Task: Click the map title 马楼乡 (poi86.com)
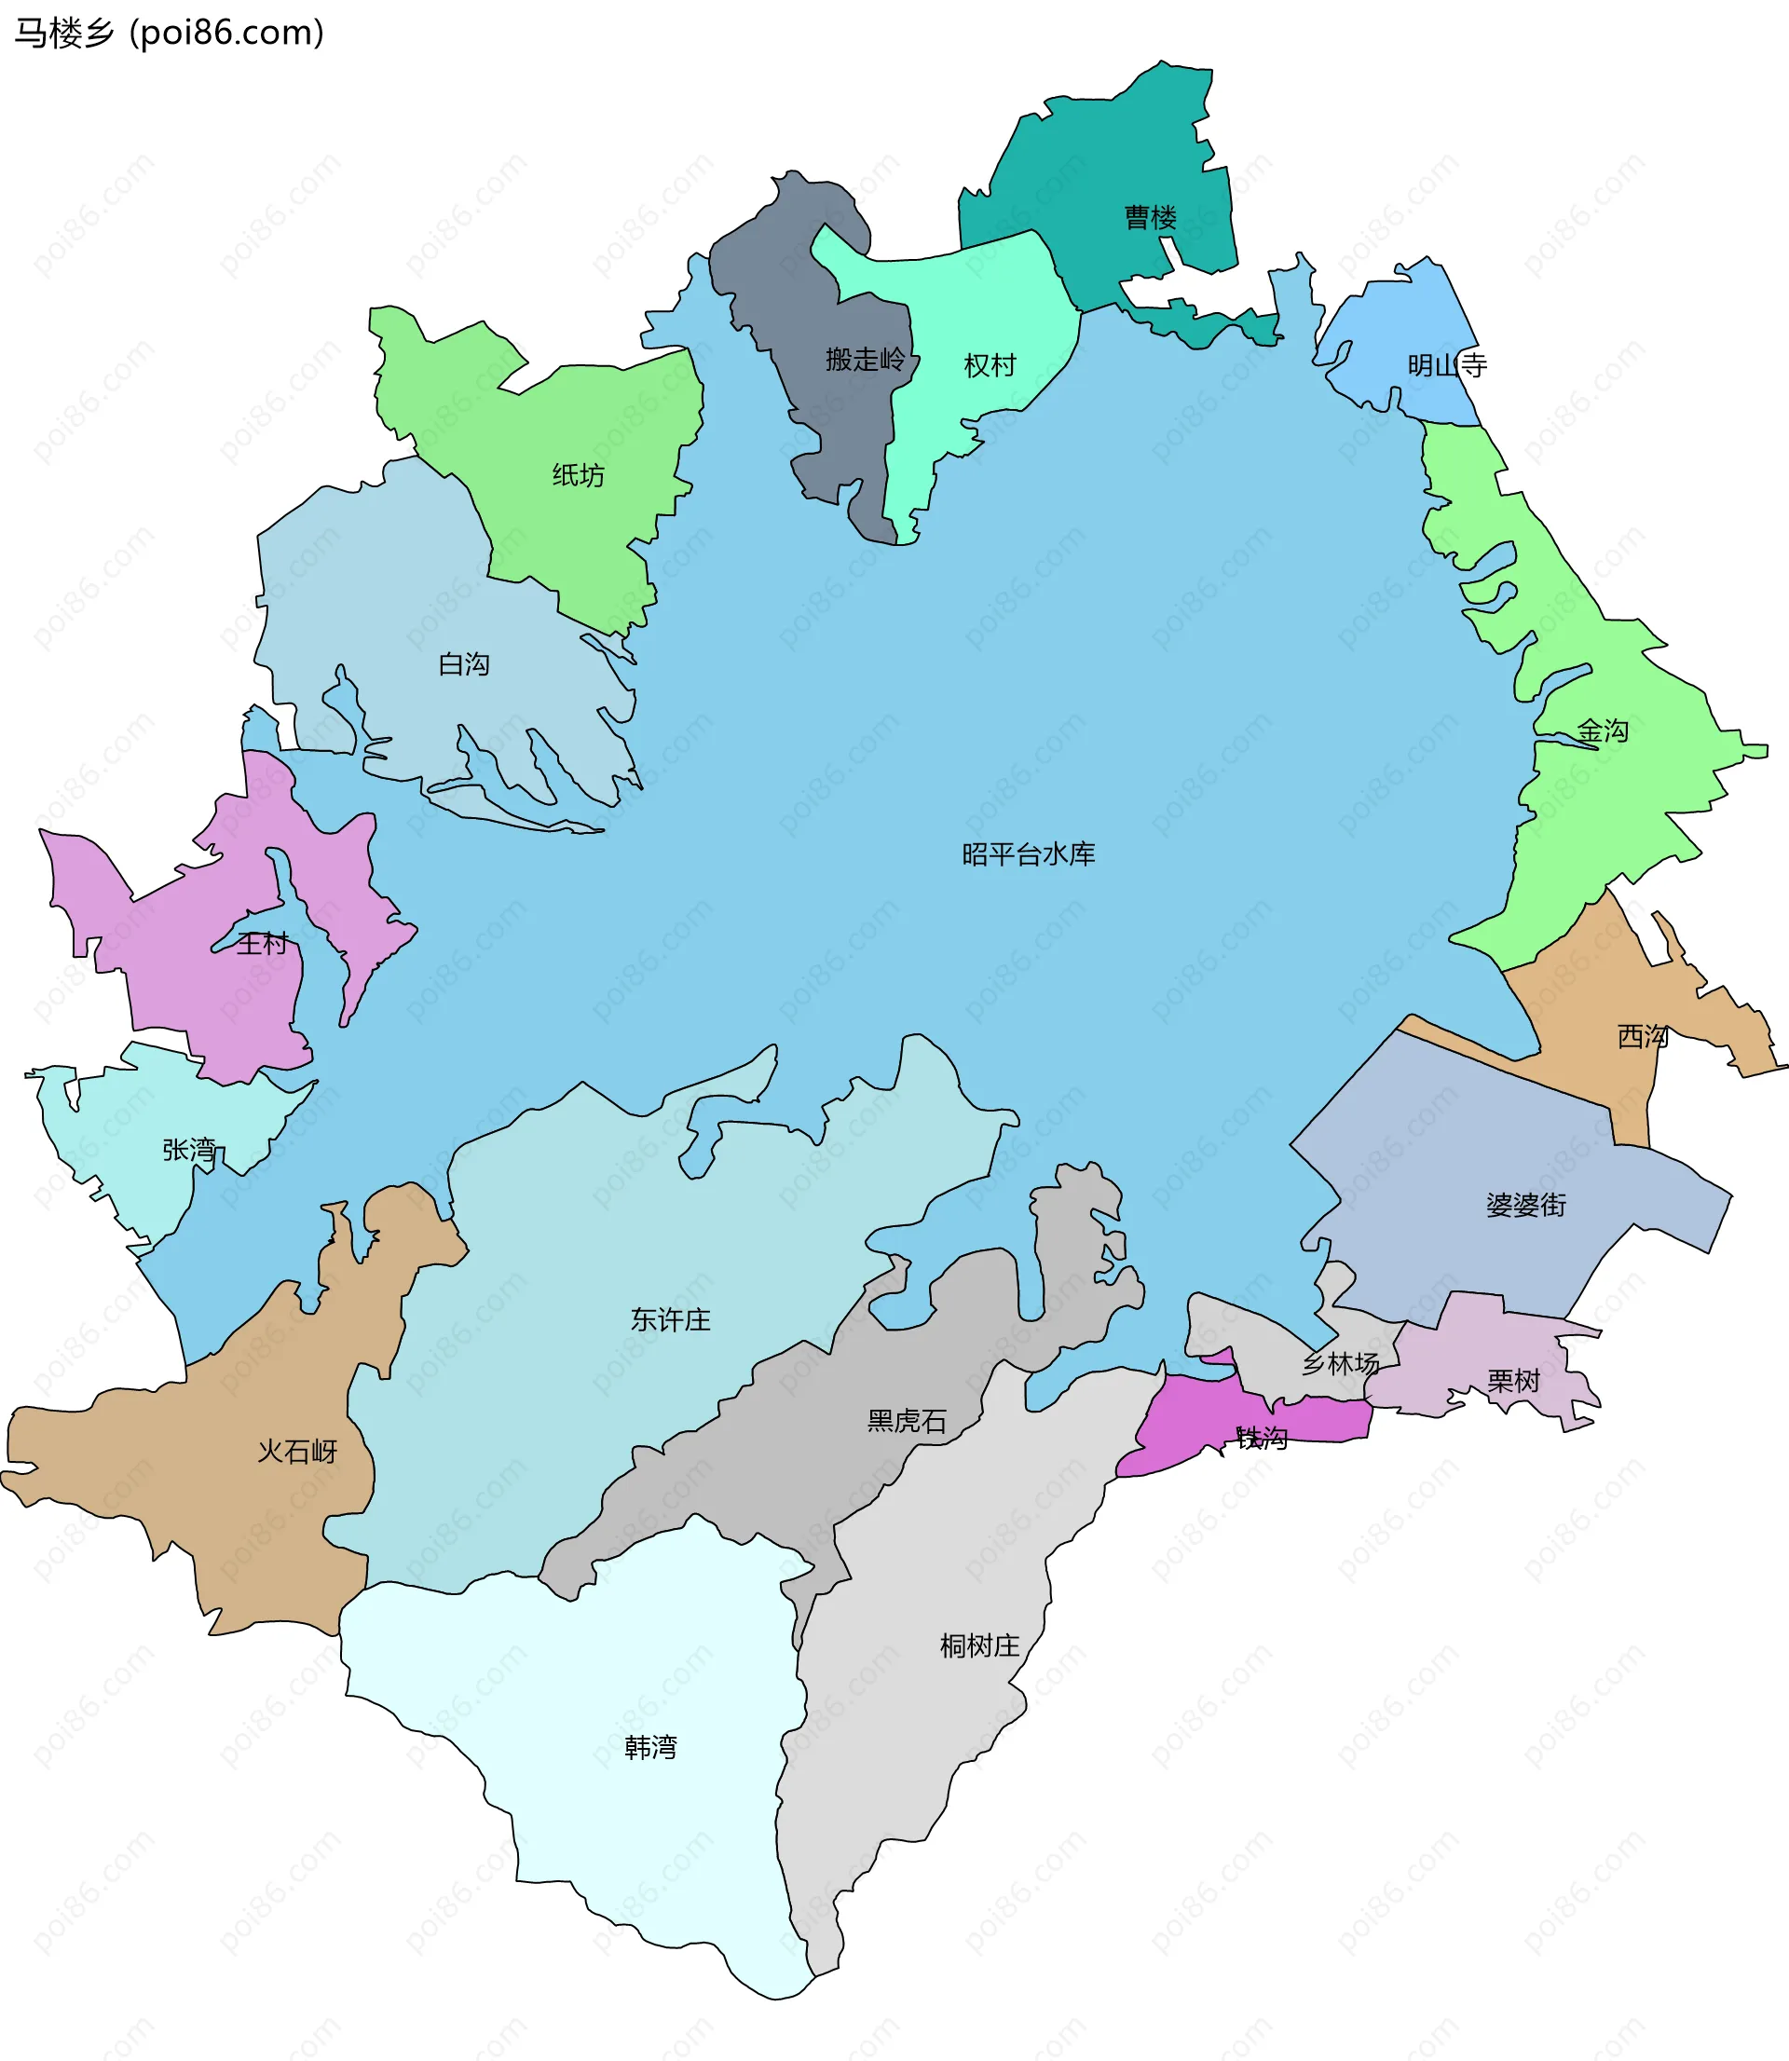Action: [x=169, y=33]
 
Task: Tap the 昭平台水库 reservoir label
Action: [x=1029, y=854]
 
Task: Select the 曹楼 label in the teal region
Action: [x=1150, y=218]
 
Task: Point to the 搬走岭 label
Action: [x=865, y=360]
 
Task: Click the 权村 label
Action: [x=990, y=365]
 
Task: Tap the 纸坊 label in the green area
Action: [x=578, y=475]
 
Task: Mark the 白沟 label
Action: [x=464, y=663]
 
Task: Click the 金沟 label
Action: [x=1603, y=731]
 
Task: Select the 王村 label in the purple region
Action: [x=263, y=943]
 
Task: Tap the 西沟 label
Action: [x=1642, y=1036]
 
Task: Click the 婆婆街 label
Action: [x=1525, y=1205]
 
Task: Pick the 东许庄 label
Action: [x=670, y=1319]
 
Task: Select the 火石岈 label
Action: [x=297, y=1452]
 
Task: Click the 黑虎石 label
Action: [x=907, y=1420]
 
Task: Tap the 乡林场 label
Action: [x=1340, y=1363]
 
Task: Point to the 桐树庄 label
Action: [x=979, y=1645]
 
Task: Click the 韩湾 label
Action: [x=650, y=1747]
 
